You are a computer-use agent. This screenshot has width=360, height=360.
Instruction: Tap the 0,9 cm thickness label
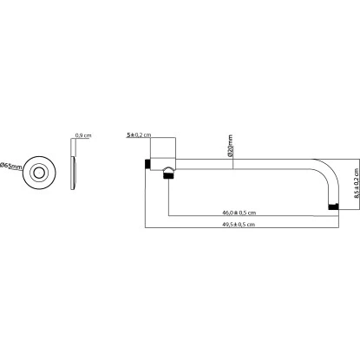[x=82, y=136]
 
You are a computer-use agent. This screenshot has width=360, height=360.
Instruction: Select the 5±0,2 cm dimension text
[x=139, y=136]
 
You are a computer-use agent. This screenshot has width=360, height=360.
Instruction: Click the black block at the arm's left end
[x=148, y=165]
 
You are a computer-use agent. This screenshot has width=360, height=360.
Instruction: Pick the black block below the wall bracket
[x=168, y=179]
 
